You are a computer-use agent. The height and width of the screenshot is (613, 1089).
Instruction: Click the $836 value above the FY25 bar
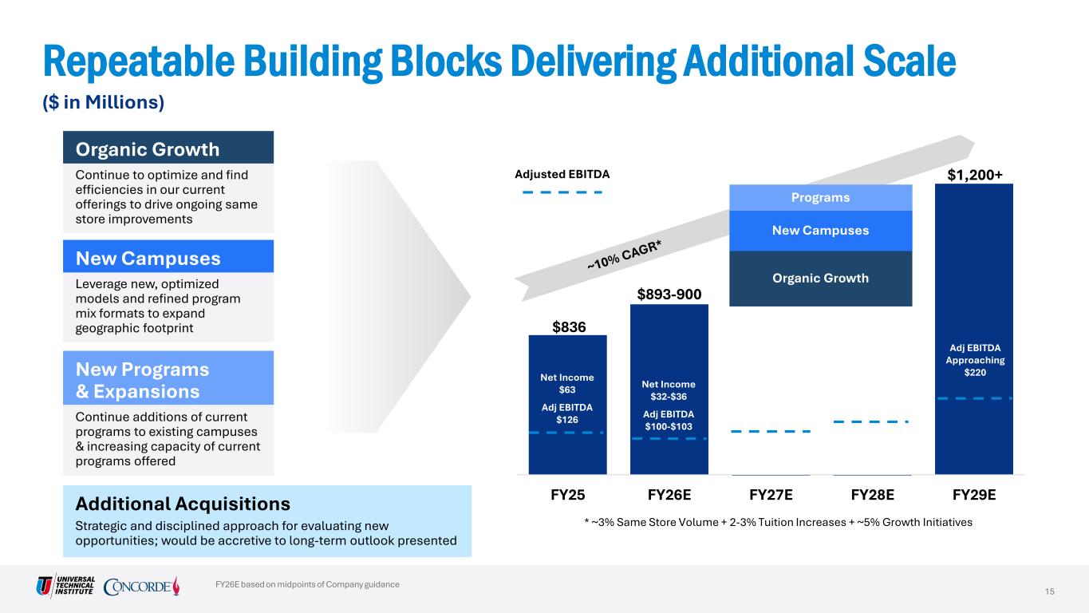[x=569, y=327]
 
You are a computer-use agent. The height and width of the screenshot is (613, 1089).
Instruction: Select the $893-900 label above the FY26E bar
[x=669, y=295]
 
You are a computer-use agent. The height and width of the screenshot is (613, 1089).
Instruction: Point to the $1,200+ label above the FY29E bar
[x=975, y=175]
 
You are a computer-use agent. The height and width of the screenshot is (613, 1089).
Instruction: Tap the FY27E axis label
[x=771, y=495]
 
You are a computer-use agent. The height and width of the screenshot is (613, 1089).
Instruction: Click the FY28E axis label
[x=872, y=495]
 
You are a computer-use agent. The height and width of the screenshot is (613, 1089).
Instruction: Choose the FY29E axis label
[x=974, y=495]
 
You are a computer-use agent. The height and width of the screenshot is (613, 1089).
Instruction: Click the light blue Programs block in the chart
[x=821, y=197]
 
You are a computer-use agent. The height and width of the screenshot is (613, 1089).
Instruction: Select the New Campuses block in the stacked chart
[x=821, y=231]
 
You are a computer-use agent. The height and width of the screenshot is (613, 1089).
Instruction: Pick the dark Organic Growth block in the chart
[x=821, y=279]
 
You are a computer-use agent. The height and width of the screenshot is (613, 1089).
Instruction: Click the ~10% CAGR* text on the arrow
[x=624, y=255]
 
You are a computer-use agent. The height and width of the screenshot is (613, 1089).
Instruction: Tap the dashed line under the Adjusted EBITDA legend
[x=562, y=192]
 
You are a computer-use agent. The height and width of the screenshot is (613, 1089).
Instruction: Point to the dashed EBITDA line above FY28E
[x=870, y=421]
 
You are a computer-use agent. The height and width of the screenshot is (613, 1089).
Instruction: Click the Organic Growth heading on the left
[x=148, y=149]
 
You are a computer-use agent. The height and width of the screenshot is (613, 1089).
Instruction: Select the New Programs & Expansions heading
[x=143, y=380]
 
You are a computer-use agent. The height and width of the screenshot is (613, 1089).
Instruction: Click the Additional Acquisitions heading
[x=183, y=504]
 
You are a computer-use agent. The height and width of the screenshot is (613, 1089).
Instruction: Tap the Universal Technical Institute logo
[x=65, y=585]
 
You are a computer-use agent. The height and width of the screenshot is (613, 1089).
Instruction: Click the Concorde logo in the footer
[x=141, y=586]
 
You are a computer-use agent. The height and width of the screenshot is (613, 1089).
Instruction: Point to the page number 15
[x=1050, y=591]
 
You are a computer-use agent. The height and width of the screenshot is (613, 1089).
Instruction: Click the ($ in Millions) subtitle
[x=104, y=102]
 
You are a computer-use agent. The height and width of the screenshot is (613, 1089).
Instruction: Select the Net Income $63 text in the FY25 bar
[x=567, y=383]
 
